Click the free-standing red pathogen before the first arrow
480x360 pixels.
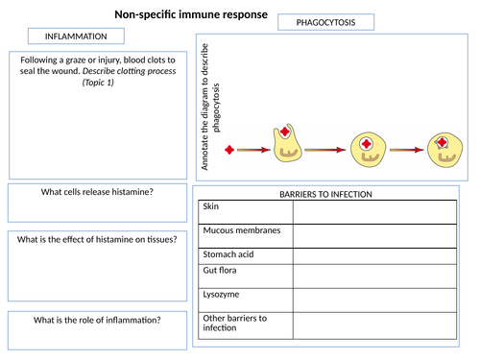pyautogui.click(x=228, y=150)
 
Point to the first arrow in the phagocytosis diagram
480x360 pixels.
pyautogui.click(x=251, y=150)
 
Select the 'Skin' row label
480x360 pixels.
pyautogui.click(x=209, y=205)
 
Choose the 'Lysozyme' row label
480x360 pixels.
pyautogui.click(x=221, y=295)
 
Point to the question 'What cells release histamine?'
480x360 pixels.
pyautogui.click(x=97, y=192)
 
